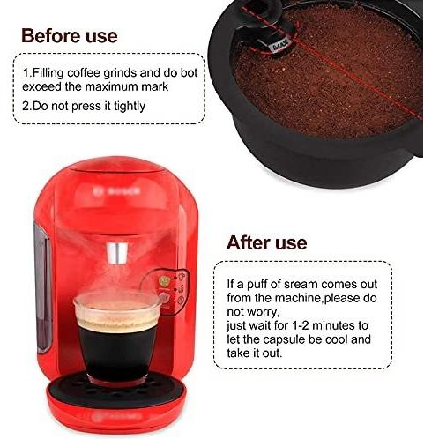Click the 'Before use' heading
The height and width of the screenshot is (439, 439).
tap(70, 36)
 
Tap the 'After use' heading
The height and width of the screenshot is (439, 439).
tap(267, 242)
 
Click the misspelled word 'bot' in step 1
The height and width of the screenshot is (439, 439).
tap(189, 73)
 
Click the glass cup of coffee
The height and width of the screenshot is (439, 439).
tap(117, 338)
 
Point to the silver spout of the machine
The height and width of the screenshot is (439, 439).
tap(117, 253)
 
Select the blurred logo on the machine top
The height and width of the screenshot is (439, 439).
tap(116, 191)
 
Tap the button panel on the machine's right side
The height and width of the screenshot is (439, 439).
tap(167, 291)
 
